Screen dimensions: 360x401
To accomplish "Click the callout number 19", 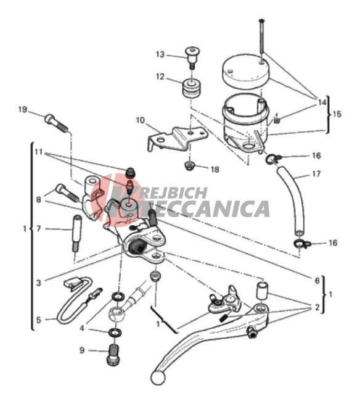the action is (23, 109).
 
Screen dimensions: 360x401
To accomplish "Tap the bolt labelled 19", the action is (57, 123).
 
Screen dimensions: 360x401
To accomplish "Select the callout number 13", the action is (160, 54).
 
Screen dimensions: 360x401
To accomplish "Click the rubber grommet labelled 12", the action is (191, 88).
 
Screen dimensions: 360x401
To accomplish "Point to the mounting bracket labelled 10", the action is (178, 139).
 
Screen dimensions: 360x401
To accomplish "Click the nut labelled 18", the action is (189, 166).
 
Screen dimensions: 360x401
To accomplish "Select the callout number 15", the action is (337, 114).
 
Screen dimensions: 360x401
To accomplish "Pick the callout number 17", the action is (316, 174).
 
